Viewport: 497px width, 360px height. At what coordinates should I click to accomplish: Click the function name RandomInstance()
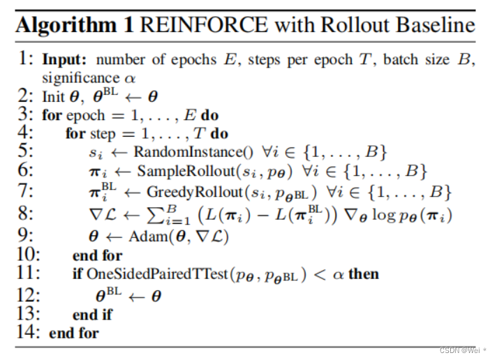(x=180, y=152)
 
